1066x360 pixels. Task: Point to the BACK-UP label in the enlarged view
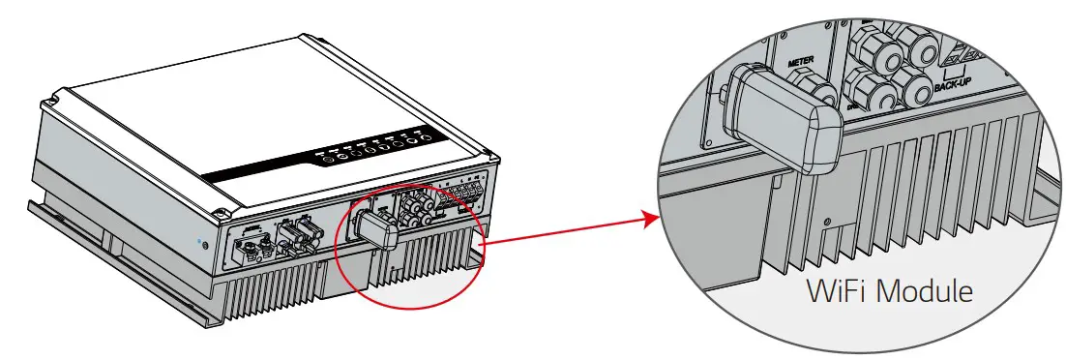pyautogui.click(x=953, y=86)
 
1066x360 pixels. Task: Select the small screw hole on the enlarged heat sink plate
pyautogui.click(x=827, y=222)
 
